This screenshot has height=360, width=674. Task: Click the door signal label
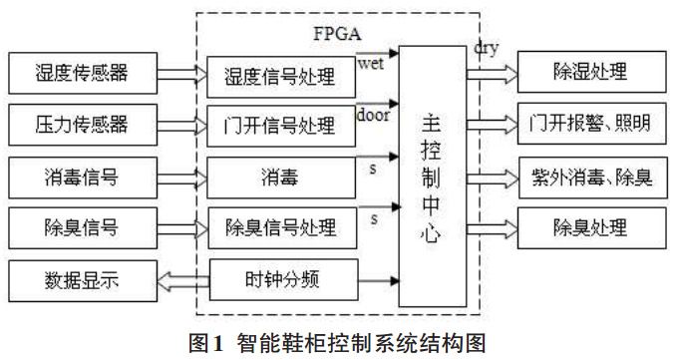(x=373, y=114)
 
